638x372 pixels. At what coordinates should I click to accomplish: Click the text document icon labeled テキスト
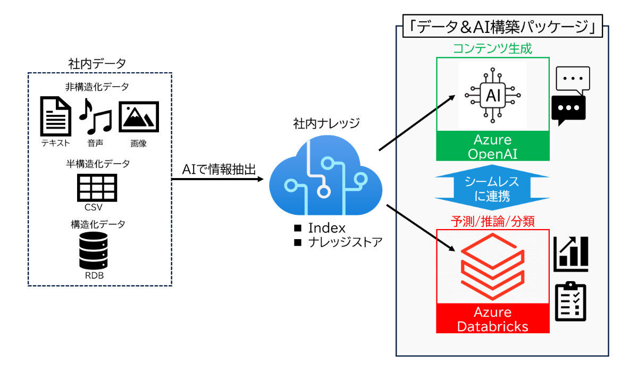(x=56, y=116)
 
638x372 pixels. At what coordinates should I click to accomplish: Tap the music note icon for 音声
(x=96, y=116)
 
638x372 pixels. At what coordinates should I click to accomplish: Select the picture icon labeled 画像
(x=138, y=116)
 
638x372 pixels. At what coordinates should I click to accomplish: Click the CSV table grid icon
(x=97, y=185)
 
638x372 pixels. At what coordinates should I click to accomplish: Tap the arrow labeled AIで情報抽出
(x=218, y=179)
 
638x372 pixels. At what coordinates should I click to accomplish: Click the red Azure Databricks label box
(x=492, y=318)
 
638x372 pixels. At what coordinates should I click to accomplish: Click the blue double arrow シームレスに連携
(x=492, y=189)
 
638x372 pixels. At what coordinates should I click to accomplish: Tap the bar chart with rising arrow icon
(x=571, y=253)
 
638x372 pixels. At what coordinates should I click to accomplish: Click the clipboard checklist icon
(x=570, y=301)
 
